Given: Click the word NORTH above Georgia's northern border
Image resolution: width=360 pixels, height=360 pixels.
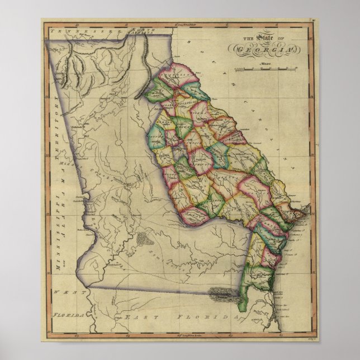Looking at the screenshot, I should (140, 30).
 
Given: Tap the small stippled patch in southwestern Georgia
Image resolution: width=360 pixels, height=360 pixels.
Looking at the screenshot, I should (144, 239).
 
